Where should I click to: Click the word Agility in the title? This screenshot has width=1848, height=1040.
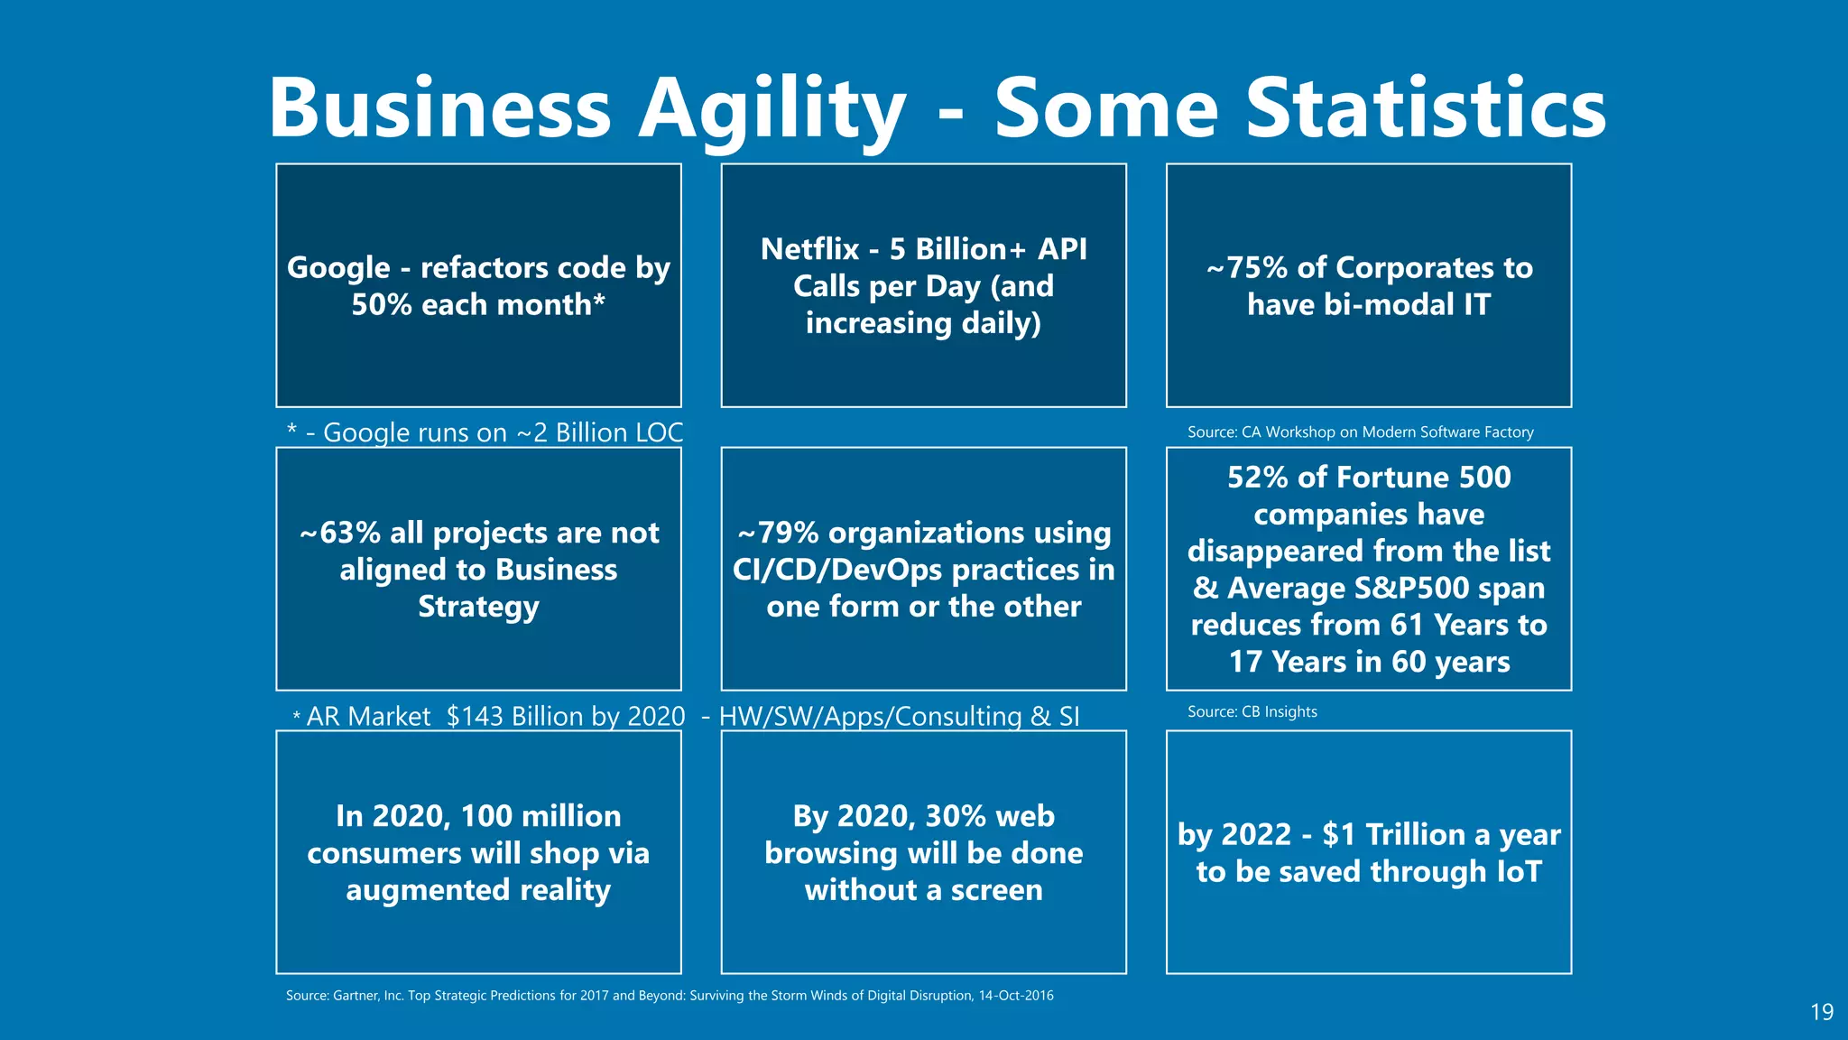[772, 108]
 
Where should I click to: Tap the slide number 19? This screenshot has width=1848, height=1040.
[1821, 1012]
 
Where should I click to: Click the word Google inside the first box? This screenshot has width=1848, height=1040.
[338, 268]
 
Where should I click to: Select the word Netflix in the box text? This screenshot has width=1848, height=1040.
[809, 249]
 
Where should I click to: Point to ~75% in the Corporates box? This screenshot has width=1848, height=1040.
[1246, 268]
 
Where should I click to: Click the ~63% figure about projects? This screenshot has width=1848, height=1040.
[339, 533]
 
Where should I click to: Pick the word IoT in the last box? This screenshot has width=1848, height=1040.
[1519, 871]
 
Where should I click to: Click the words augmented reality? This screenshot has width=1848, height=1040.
[478, 890]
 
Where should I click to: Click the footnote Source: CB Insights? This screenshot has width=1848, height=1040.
[1252, 711]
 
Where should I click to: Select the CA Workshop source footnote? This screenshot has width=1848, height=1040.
[1360, 432]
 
